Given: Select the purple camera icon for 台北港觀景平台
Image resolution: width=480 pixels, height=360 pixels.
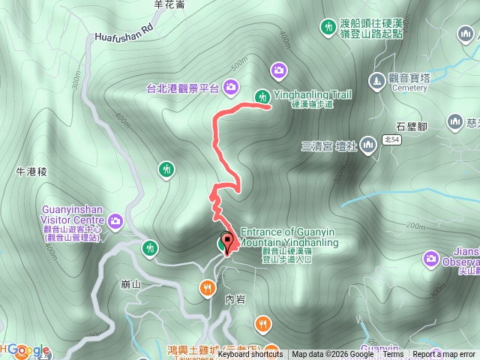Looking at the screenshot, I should (x=231, y=88).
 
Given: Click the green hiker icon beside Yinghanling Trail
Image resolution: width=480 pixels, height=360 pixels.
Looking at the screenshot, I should (x=262, y=96).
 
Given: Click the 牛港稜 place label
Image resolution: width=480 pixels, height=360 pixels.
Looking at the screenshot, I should (x=31, y=172).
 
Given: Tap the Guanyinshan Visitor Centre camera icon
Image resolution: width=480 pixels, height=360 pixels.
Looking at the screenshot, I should (x=115, y=220).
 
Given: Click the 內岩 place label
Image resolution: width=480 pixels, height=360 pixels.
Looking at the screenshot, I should (x=235, y=298).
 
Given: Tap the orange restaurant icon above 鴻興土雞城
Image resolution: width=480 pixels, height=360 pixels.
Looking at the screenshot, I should (x=262, y=324).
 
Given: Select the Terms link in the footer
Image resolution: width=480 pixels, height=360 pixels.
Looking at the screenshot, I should (x=392, y=355).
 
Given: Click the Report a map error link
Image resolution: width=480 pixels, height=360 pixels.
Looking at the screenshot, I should (x=445, y=355).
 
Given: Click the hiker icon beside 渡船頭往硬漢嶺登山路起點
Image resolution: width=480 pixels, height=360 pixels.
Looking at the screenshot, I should (x=328, y=28).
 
